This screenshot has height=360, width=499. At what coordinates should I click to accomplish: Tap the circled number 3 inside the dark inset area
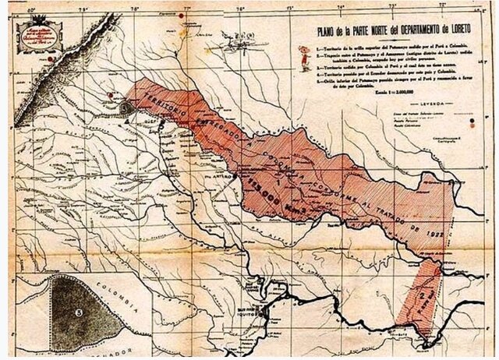(79, 311)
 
